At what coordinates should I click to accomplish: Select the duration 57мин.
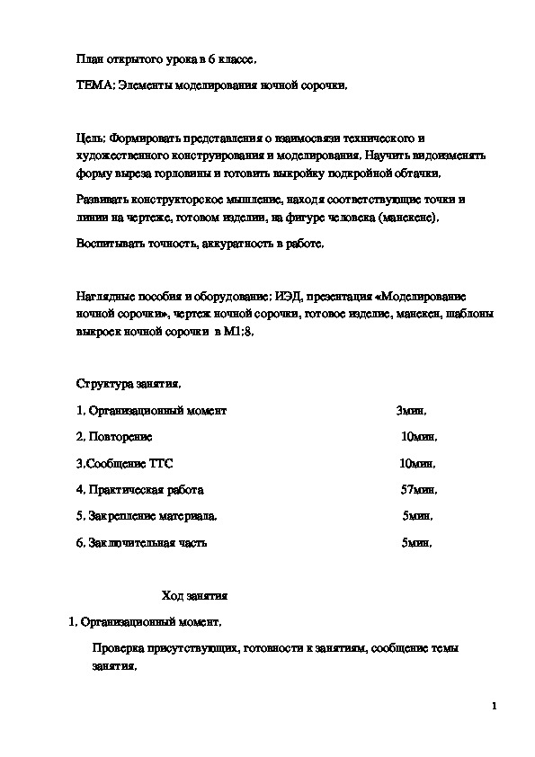pyautogui.click(x=419, y=490)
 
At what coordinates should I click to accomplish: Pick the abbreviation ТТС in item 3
pyautogui.click(x=159, y=463)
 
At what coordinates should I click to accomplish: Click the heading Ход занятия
pyautogui.click(x=194, y=595)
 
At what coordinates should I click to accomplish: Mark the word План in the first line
pyautogui.click(x=90, y=59)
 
